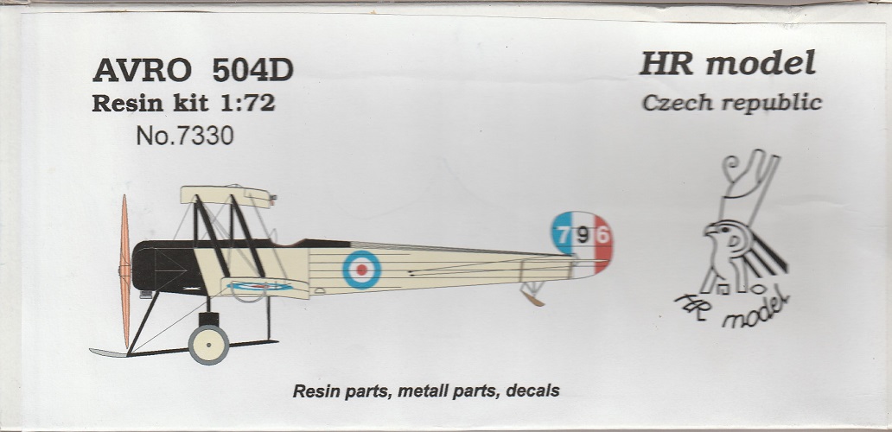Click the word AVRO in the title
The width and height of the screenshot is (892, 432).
(x=143, y=70)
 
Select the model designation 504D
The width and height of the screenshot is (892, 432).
(x=253, y=70)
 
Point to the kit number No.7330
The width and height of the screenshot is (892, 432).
(x=185, y=137)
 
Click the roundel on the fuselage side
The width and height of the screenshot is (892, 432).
(x=361, y=270)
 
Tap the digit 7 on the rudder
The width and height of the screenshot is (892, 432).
(x=564, y=233)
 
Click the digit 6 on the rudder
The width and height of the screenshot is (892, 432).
(x=602, y=234)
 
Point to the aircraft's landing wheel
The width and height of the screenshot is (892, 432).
(x=208, y=345)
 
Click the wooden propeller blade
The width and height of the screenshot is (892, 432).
(x=125, y=270)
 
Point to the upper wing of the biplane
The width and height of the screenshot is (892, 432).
(x=226, y=195)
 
